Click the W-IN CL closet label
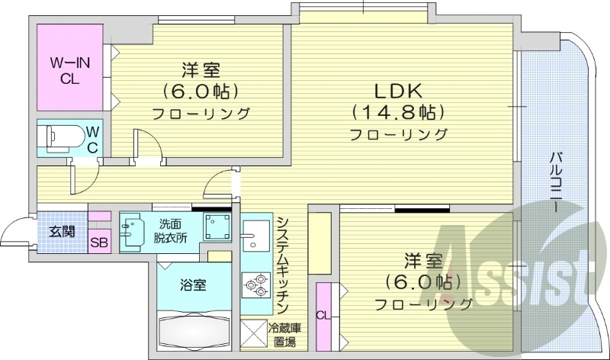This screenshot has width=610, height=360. pyautogui.click(x=71, y=68)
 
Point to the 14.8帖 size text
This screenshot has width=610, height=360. pyautogui.click(x=397, y=112)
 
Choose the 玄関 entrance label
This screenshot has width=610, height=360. pyautogui.click(x=62, y=231)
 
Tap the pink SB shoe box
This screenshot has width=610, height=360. pyautogui.click(x=99, y=243)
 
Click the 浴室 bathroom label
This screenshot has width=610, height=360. pyautogui.click(x=193, y=284)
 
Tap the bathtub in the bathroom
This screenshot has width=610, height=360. pyautogui.click(x=195, y=331)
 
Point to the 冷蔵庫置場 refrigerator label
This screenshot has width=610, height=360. pyautogui.click(x=283, y=336)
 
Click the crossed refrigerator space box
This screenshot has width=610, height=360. pyautogui.click(x=252, y=336)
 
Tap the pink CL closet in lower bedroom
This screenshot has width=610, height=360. pyautogui.click(x=323, y=313)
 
